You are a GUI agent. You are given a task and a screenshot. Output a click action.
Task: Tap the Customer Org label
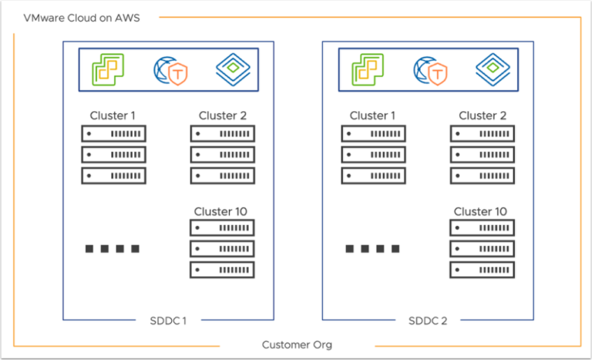click(x=297, y=345)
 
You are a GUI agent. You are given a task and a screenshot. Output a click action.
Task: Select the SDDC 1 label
click(x=168, y=321)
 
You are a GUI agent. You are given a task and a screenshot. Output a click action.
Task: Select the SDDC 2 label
click(x=428, y=321)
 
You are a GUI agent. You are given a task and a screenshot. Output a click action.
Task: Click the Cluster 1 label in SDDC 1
click(x=113, y=116)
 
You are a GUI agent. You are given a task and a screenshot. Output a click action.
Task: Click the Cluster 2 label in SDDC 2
click(x=483, y=116)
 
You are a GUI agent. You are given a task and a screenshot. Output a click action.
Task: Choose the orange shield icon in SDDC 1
click(x=179, y=74)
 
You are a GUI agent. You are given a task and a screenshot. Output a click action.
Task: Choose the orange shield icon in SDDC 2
click(x=439, y=74)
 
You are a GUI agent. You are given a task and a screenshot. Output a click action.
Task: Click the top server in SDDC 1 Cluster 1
click(x=113, y=133)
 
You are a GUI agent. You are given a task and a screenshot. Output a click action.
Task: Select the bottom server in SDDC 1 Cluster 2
click(x=222, y=175)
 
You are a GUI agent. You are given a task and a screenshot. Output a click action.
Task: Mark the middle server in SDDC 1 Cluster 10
click(x=222, y=249)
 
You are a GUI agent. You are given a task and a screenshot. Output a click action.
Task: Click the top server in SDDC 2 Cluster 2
click(x=483, y=133)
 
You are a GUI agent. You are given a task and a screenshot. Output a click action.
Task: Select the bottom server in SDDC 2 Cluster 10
click(x=483, y=270)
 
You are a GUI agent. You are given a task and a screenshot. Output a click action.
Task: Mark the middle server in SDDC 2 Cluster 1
click(x=374, y=154)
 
